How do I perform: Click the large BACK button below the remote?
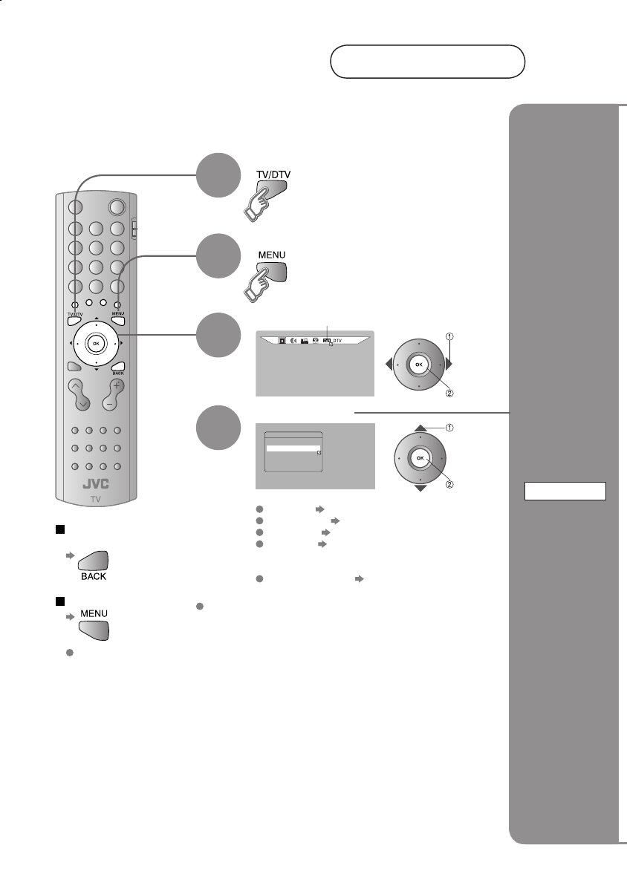tap(92, 564)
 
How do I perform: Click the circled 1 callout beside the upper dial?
tap(449, 336)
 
